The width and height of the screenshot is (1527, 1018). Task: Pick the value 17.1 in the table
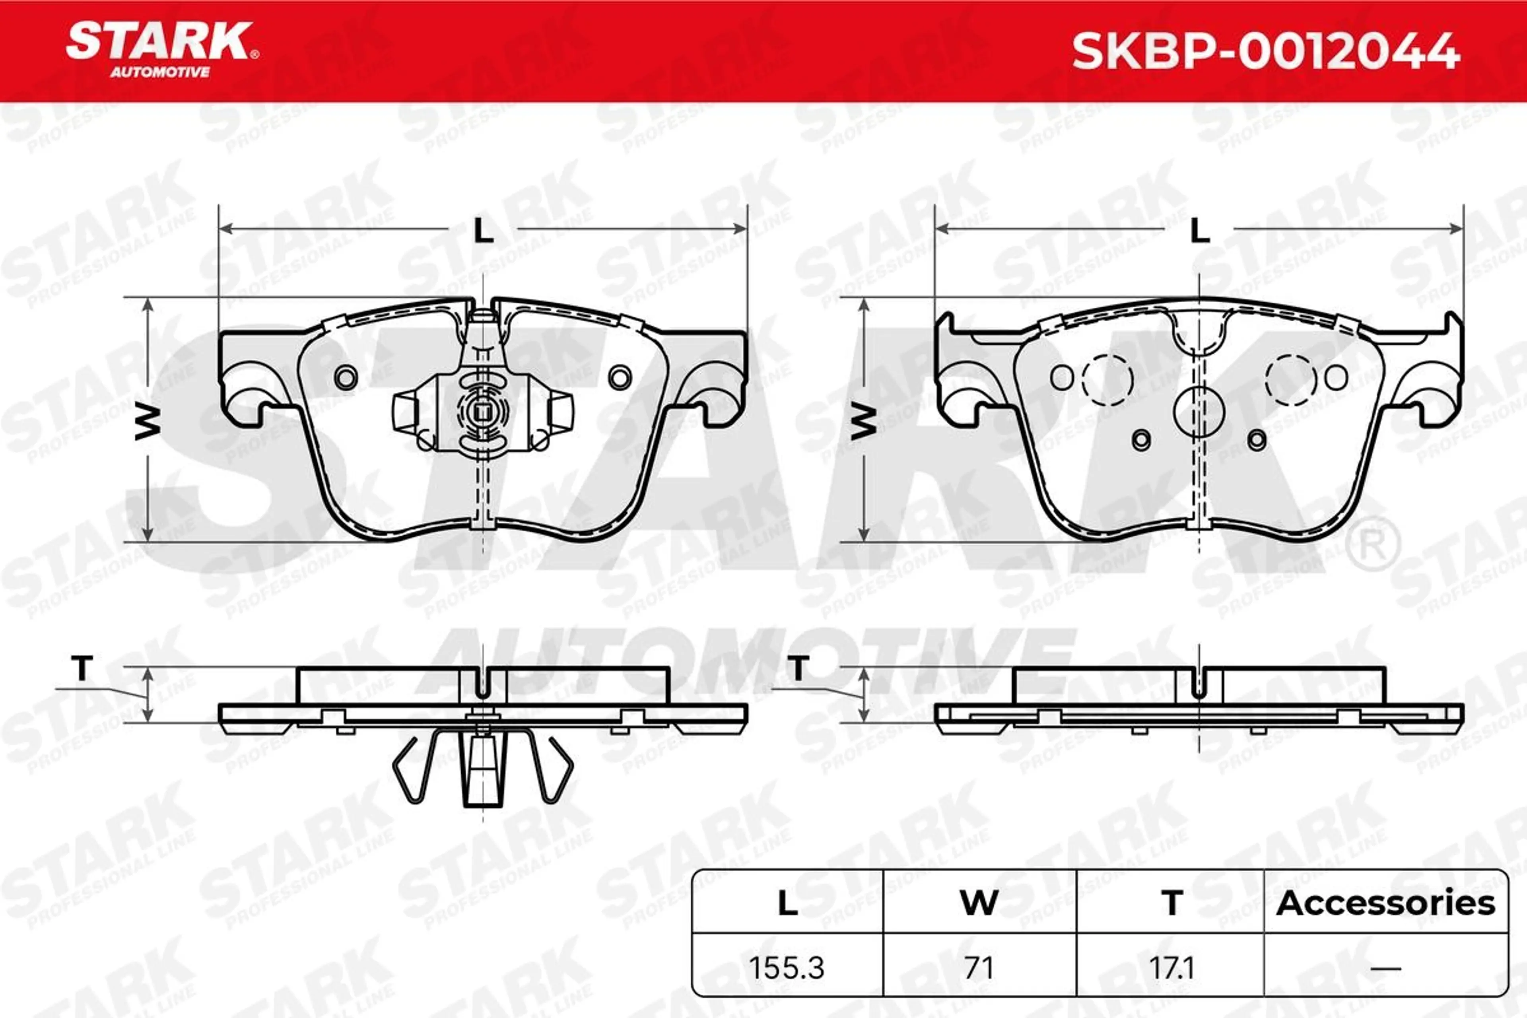click(x=1172, y=968)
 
